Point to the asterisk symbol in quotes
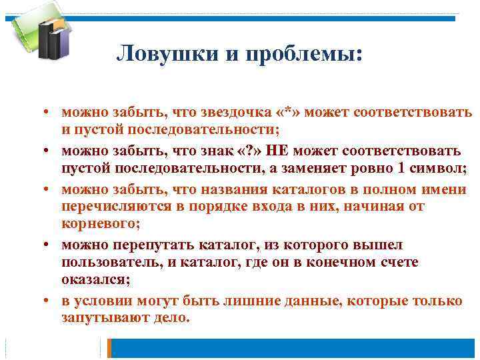pos(291,111)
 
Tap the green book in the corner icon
pos(24,30)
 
